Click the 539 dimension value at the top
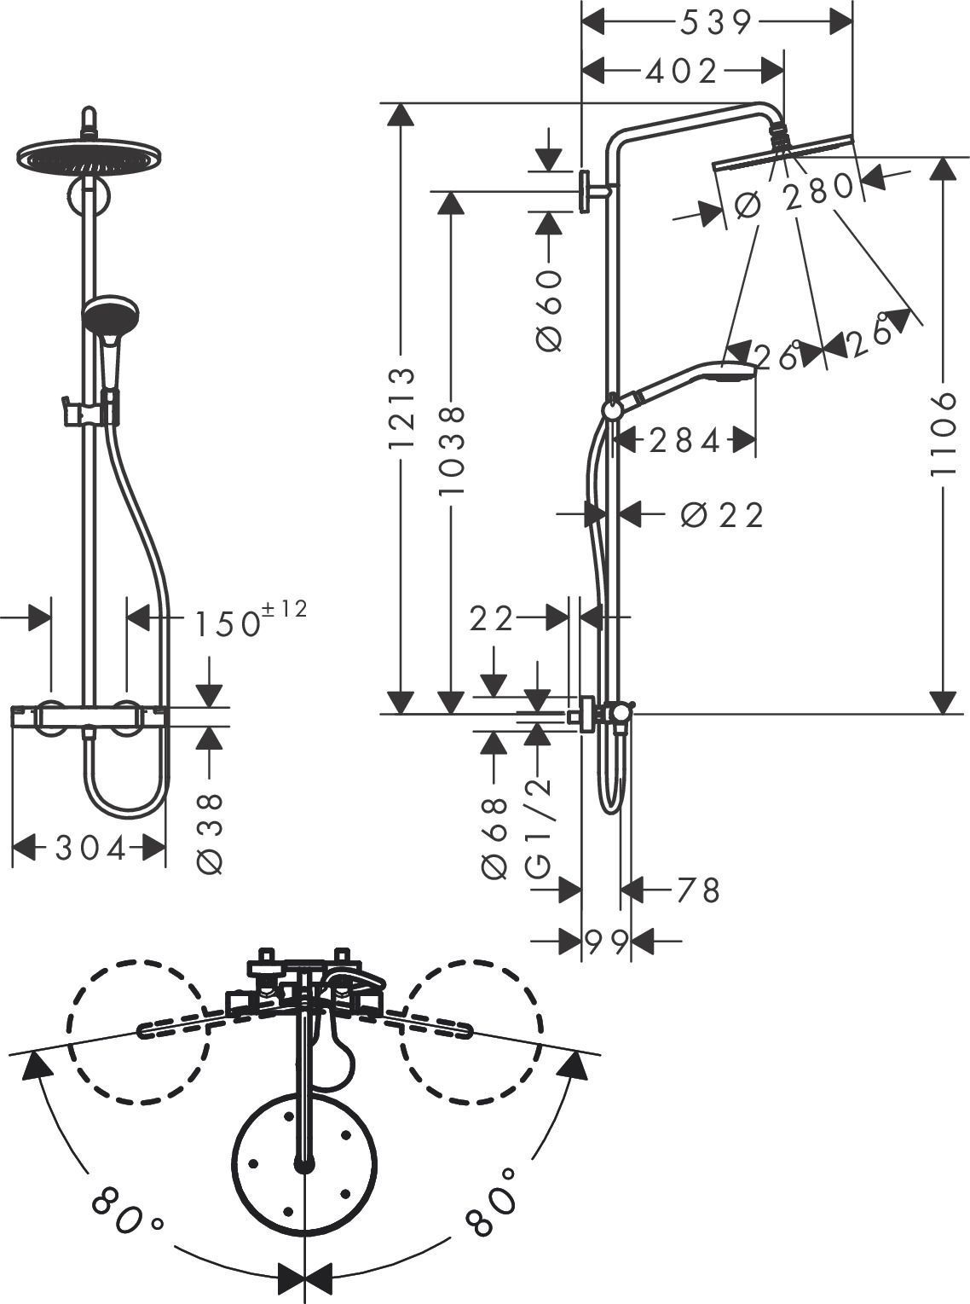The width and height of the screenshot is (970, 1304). pos(716,23)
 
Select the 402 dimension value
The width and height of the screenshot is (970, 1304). pos(682,72)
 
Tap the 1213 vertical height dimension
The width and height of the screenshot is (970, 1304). pos(401,409)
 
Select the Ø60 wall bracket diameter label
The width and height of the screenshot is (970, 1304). pos(550,310)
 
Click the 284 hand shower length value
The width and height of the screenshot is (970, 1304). pos(684,441)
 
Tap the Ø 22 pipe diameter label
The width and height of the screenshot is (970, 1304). pos(722,514)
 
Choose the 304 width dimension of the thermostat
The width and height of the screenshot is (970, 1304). pos(90,848)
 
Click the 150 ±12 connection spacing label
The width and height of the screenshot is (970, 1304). pos(247,620)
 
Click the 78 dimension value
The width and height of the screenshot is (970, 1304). pos(698,890)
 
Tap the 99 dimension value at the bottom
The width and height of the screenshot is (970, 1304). pos(606,942)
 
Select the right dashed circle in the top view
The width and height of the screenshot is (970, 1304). pos(472,1032)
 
